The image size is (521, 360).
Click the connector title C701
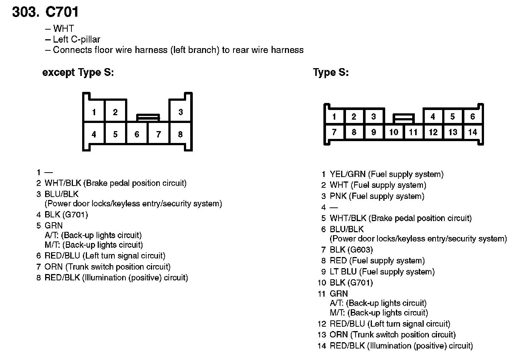click(62, 12)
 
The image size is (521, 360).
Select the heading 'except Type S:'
click(78, 73)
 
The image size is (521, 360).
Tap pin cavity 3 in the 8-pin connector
click(180, 112)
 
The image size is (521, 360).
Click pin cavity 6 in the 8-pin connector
click(137, 134)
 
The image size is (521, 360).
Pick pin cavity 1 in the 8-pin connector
click(94, 112)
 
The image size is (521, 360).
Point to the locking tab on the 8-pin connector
click(148, 117)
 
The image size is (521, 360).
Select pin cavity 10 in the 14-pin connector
click(393, 132)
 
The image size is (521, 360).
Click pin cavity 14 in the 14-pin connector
click(473, 132)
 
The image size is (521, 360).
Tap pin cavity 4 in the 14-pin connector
click(433, 117)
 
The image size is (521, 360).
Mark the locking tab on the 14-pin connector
click(403, 119)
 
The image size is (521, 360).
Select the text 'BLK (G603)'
click(351, 250)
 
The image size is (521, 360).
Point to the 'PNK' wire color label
click(338, 196)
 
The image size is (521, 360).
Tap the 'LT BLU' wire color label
click(343, 272)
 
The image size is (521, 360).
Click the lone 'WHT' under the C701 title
click(63, 29)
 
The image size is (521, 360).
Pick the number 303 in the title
click(25, 12)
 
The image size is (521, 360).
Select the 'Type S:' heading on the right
click(330, 73)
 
